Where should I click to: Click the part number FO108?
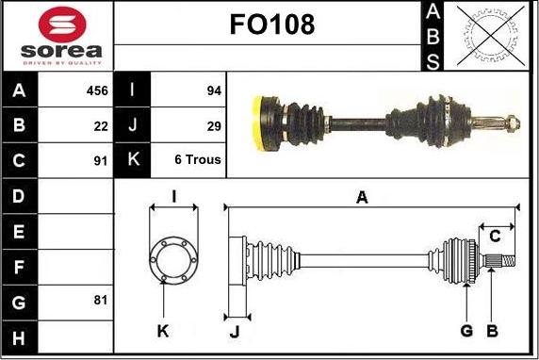pyautogui.click(x=272, y=25)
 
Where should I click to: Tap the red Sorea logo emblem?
pyautogui.click(x=62, y=25)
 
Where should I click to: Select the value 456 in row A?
pyautogui.click(x=97, y=90)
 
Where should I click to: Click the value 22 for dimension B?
pyautogui.click(x=101, y=126)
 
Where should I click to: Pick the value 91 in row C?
pyautogui.click(x=101, y=160)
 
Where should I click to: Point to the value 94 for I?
pyautogui.click(x=214, y=90)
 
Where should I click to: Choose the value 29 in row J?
pyautogui.click(x=214, y=126)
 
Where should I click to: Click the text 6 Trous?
pyautogui.click(x=198, y=159)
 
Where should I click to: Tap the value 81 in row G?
pyautogui.click(x=101, y=301)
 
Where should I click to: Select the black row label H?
pyautogui.click(x=19, y=338)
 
